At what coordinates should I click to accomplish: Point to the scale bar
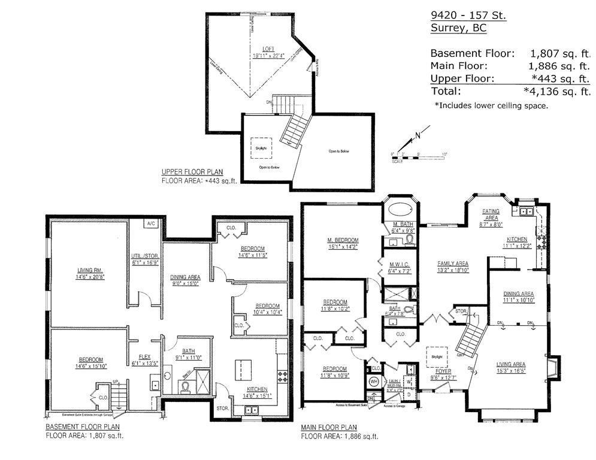click(x=419, y=158)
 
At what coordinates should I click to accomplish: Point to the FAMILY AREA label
click(x=452, y=264)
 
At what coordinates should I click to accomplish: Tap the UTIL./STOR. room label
click(x=144, y=258)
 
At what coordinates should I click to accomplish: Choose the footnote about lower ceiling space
click(x=491, y=105)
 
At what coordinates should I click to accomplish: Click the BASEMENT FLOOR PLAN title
click(x=83, y=427)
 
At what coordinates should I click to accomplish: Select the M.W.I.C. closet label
click(x=399, y=264)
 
